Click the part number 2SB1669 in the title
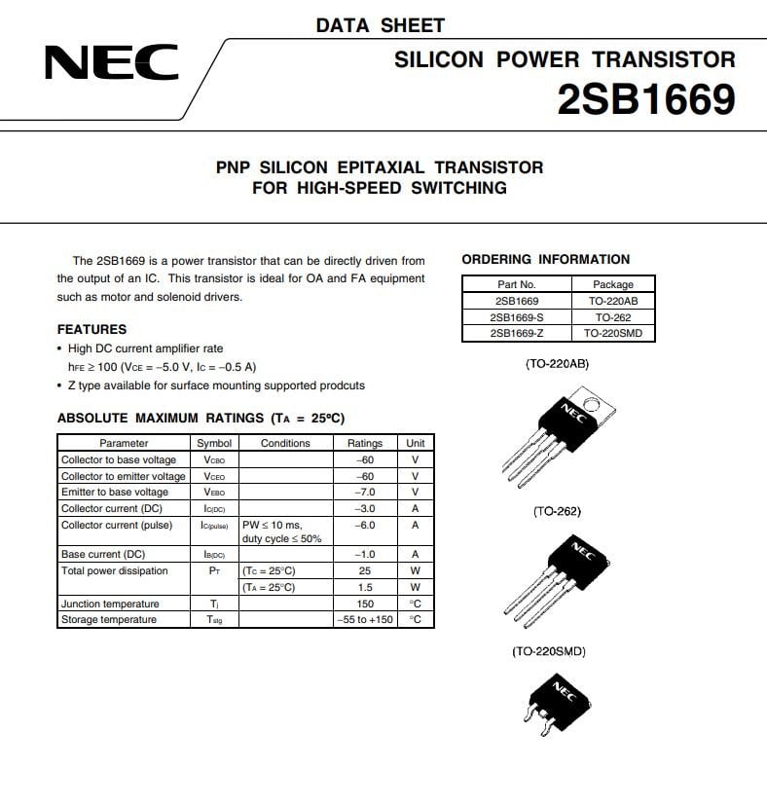click(645, 100)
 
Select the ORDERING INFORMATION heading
click(545, 259)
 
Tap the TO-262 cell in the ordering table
click(613, 317)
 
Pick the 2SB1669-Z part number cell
click(516, 333)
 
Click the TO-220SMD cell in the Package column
click(613, 333)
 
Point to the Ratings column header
click(365, 443)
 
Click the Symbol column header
click(214, 443)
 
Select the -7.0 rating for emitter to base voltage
click(365, 492)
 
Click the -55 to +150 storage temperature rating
click(365, 620)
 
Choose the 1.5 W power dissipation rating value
click(365, 587)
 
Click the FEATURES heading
click(91, 329)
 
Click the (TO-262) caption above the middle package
click(557, 511)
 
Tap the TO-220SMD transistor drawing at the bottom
click(558, 704)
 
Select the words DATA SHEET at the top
click(380, 25)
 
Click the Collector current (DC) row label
click(111, 508)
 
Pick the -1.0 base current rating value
click(365, 554)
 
